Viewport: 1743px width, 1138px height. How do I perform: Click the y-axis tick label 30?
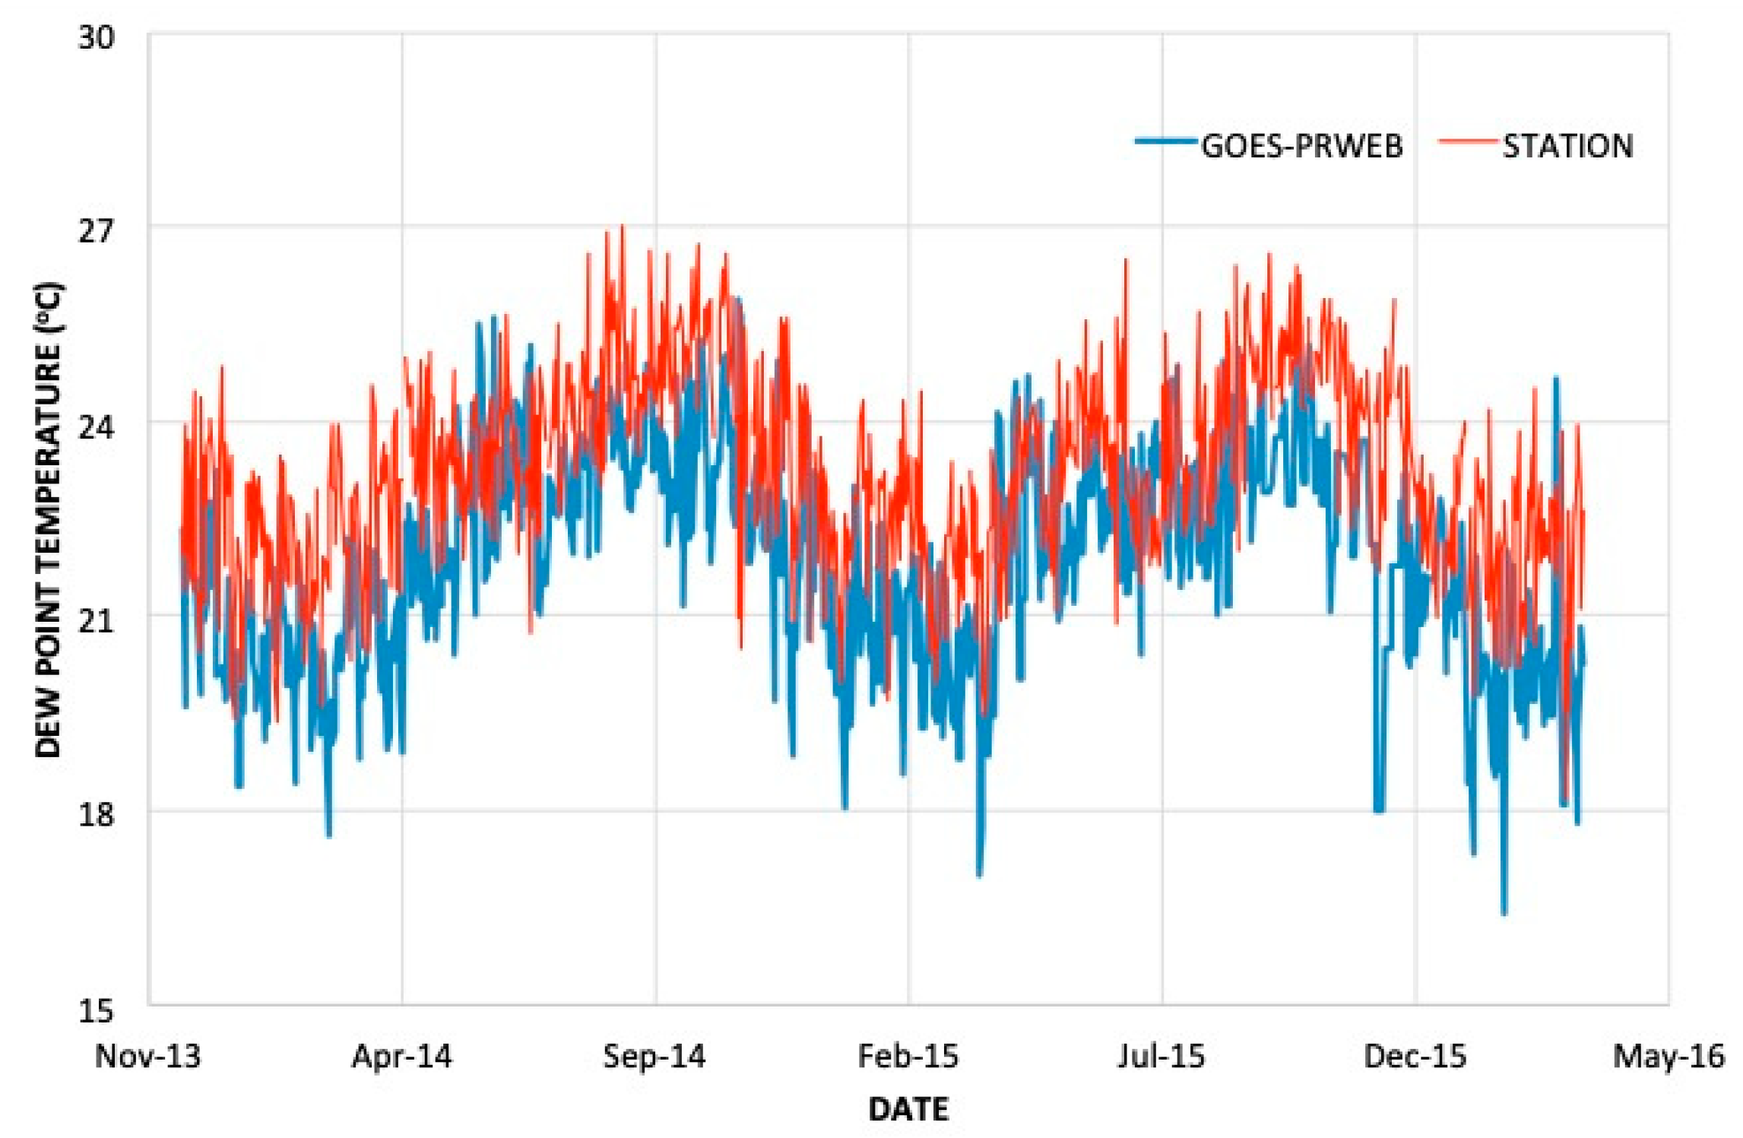pos(96,36)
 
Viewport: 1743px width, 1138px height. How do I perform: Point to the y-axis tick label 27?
pos(96,230)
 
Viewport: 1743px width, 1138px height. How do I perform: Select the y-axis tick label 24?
pos(96,427)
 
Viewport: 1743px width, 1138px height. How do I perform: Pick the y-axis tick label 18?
pos(96,815)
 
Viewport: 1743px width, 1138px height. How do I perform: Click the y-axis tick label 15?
pos(96,1011)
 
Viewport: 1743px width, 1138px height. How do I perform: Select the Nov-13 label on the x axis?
pos(147,1057)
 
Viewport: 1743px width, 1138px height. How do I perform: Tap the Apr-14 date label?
pos(401,1057)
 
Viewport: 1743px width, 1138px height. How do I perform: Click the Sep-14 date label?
pos(654,1057)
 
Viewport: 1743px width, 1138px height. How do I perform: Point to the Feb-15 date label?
pos(908,1057)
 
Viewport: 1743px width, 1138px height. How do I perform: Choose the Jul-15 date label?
pos(1161,1057)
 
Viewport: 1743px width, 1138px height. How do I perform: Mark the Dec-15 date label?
pos(1415,1057)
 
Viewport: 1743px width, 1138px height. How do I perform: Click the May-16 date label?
pos(1669,1057)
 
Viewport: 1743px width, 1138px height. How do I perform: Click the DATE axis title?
pos(908,1109)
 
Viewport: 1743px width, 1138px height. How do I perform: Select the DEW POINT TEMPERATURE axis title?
pos(49,520)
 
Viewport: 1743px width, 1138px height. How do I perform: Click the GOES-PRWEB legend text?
pos(1301,146)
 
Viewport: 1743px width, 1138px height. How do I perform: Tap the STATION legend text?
pos(1567,146)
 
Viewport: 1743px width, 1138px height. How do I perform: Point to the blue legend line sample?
pos(1165,141)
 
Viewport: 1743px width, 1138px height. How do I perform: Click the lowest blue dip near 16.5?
pos(1504,913)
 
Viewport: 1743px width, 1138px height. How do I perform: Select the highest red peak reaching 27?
pos(623,227)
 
